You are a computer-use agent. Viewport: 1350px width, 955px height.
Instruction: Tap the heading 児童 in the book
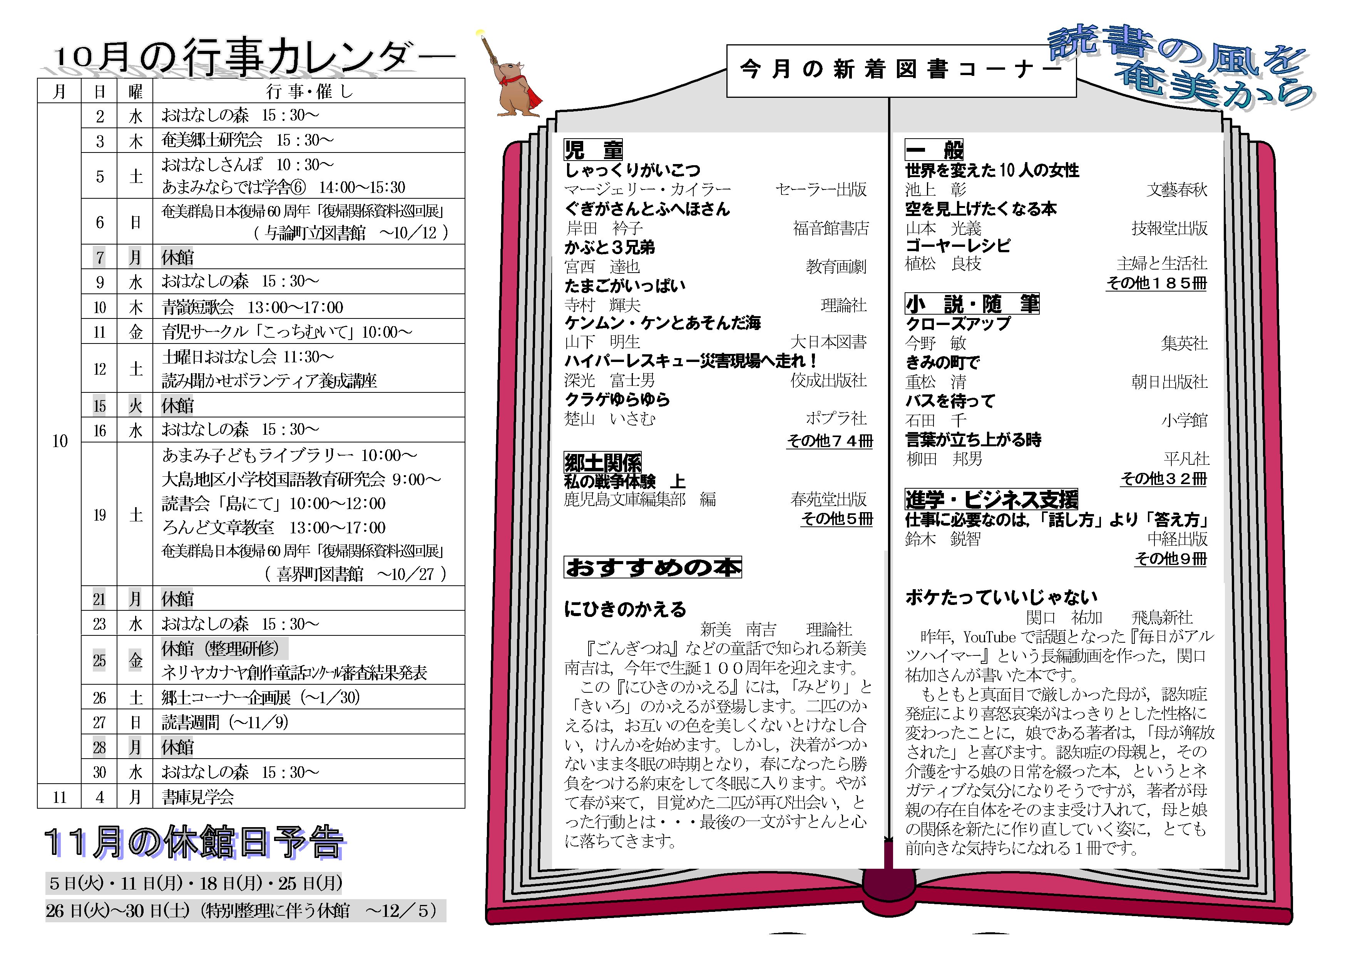[x=593, y=150]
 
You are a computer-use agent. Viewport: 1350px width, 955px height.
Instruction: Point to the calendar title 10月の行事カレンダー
[x=254, y=57]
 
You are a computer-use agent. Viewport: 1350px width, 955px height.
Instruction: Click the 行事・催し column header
[x=309, y=91]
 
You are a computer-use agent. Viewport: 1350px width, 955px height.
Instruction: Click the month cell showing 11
[x=59, y=797]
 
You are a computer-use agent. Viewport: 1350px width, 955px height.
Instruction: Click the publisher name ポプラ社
[x=836, y=418]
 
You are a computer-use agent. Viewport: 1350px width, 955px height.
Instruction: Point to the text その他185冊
[x=1156, y=283]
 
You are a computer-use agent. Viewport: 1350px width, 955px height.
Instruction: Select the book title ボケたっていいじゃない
[x=1001, y=598]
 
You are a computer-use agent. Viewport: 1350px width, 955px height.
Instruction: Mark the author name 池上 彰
[x=935, y=189]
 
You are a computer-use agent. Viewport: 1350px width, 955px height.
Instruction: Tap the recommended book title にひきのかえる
[x=625, y=609]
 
